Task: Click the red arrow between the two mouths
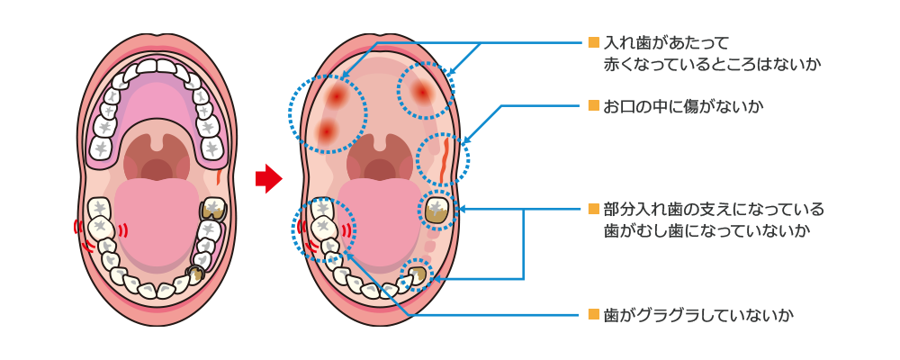(268, 178)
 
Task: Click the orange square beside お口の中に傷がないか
(593, 106)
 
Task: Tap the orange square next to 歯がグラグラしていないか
(593, 315)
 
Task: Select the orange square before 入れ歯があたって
(593, 42)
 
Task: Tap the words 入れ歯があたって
(666, 42)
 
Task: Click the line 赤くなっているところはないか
(712, 65)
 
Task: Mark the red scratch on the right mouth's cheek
(445, 157)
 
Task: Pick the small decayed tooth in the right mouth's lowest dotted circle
(417, 274)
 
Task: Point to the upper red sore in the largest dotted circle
(337, 94)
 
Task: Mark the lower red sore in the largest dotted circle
(326, 131)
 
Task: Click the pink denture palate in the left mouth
(157, 103)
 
